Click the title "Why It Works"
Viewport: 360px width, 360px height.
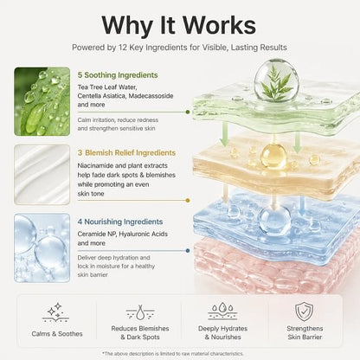pyautogui.click(x=179, y=25)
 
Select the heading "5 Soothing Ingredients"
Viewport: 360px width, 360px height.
pyautogui.click(x=118, y=75)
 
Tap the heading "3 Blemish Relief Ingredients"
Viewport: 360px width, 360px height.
pyautogui.click(x=126, y=153)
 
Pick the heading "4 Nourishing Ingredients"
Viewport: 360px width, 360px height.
pyautogui.click(x=120, y=222)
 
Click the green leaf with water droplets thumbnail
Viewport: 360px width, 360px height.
pyautogui.click(x=42, y=101)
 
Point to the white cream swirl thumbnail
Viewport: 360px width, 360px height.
pyautogui.click(x=42, y=175)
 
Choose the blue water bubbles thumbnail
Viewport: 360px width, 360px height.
pyautogui.click(x=42, y=247)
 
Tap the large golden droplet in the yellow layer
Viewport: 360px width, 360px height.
pyautogui.click(x=273, y=156)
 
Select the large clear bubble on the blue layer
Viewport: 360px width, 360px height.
pyautogui.click(x=274, y=220)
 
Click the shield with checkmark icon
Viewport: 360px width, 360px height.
pyautogui.click(x=304, y=312)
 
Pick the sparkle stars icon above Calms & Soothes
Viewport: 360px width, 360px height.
pyautogui.click(x=56, y=312)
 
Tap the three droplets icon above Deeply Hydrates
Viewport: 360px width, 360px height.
pyautogui.click(x=222, y=311)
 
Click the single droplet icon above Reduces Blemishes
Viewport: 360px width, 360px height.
pyautogui.click(x=140, y=312)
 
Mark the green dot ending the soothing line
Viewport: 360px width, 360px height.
pyautogui.click(x=188, y=112)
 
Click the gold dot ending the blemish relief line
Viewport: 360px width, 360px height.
pyautogui.click(x=188, y=200)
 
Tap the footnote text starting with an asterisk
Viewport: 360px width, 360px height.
pyautogui.click(x=173, y=354)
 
